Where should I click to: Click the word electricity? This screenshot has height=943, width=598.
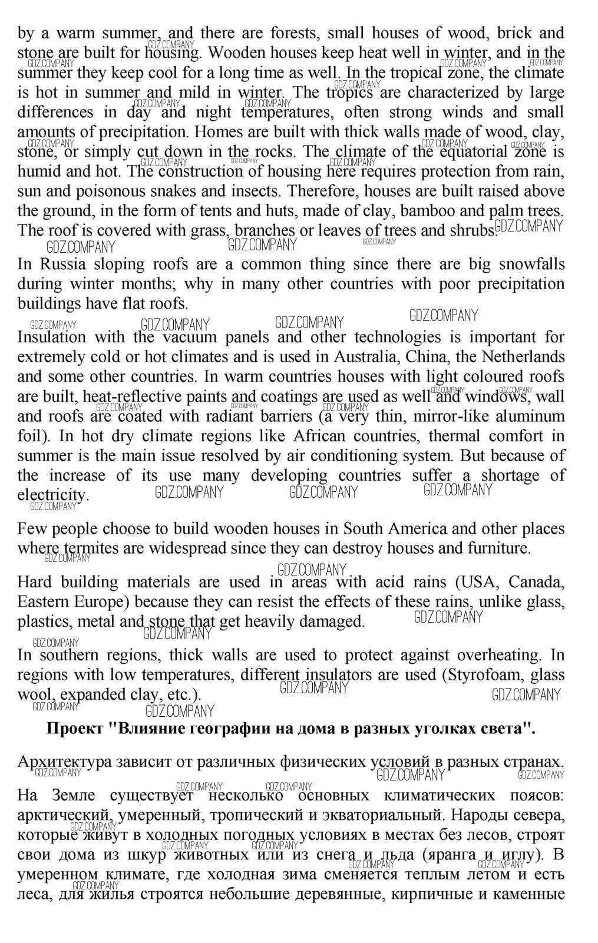coord(52,495)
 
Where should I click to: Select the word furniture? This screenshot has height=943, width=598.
coord(498,549)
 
